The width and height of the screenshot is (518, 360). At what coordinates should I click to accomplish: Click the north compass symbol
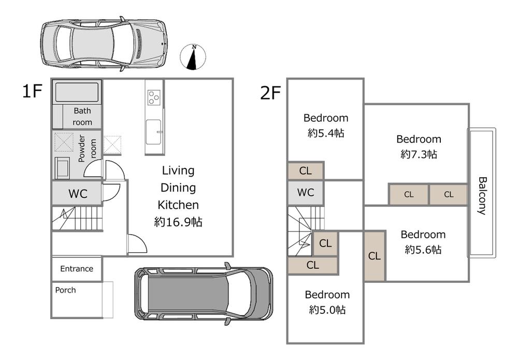[x=193, y=57]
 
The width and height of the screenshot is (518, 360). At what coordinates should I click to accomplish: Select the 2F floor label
[x=270, y=93]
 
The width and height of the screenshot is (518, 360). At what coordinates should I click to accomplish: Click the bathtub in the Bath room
[x=77, y=92]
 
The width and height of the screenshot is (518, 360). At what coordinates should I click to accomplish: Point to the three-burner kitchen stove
[x=154, y=97]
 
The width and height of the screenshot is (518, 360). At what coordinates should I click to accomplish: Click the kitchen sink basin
[x=154, y=132]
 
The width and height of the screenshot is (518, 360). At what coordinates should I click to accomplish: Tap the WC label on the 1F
[x=78, y=194]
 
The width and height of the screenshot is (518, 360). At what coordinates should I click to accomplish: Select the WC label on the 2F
[x=306, y=192]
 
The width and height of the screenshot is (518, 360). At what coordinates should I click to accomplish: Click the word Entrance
[x=77, y=269]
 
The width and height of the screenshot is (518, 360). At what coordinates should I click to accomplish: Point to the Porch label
[x=65, y=290]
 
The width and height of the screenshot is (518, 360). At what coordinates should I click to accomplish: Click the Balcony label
[x=483, y=196]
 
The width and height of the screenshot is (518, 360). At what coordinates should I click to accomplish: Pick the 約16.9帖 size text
[x=178, y=222]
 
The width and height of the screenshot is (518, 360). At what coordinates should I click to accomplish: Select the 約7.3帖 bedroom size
[x=419, y=154]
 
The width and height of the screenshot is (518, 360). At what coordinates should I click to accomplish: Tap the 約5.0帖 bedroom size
[x=327, y=310]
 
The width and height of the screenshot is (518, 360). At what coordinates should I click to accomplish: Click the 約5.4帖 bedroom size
[x=326, y=133]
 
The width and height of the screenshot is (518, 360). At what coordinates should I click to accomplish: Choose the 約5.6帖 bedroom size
[x=423, y=249]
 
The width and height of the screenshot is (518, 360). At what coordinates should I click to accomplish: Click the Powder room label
[x=87, y=148]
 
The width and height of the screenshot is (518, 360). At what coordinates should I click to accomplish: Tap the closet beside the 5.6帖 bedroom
[x=375, y=256]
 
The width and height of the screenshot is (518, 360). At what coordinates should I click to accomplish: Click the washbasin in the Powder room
[x=63, y=168]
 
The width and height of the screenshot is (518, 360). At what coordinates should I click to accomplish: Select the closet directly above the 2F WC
[x=306, y=171]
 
